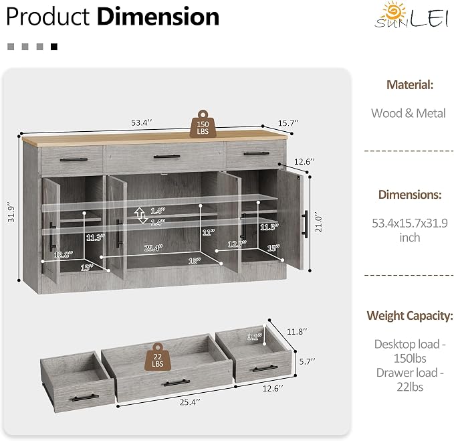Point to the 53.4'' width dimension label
point(141,122)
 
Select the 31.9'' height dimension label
point(11,212)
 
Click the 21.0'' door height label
point(318,224)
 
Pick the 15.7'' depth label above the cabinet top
point(288,123)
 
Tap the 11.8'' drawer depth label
point(297,331)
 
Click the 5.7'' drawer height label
point(307,361)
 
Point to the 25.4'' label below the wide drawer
point(190,402)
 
